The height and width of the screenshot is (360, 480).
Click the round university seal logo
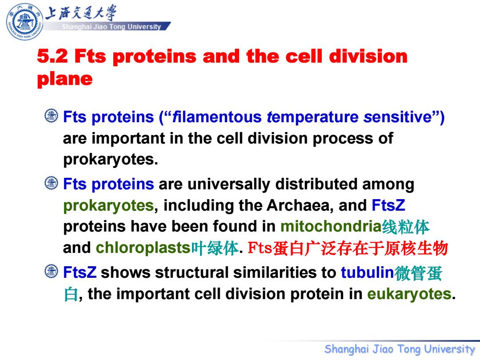[x=24, y=22]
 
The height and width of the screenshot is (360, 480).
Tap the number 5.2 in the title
[x=52, y=56]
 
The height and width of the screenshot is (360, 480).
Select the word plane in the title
[x=64, y=79]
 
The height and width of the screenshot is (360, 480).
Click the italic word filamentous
[x=217, y=117]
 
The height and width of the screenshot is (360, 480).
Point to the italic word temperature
[x=312, y=117]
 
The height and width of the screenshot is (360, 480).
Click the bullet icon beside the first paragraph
[x=52, y=116]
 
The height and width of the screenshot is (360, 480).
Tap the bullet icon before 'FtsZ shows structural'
[x=52, y=271]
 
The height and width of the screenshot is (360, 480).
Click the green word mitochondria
[x=331, y=227]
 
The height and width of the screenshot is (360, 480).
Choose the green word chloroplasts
[x=143, y=248]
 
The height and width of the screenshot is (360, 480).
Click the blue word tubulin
[x=367, y=272]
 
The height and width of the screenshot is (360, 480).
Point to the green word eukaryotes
[x=409, y=294]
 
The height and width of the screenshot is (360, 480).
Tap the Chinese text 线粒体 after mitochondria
[x=406, y=227]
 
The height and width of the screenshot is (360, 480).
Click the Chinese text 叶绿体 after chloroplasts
[x=215, y=248]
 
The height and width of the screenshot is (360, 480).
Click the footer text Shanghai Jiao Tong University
[x=400, y=349]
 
